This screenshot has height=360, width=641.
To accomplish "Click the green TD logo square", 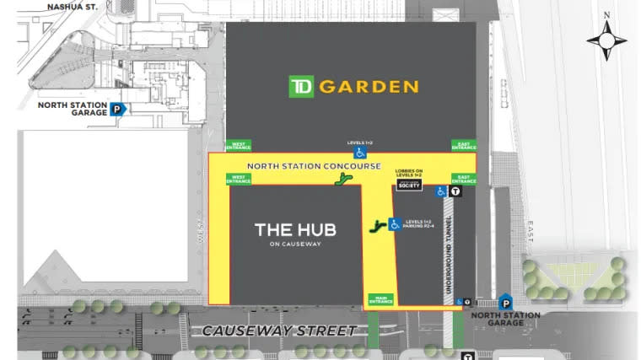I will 301,86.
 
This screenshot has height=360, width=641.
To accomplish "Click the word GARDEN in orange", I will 368,86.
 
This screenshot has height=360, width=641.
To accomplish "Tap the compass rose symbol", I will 606,40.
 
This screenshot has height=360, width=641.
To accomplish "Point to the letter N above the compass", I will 606,15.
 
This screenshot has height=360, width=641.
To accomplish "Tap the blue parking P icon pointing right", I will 119,108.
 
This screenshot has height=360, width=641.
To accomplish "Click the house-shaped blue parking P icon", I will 505,301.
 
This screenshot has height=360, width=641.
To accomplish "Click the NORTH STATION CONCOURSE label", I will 315,166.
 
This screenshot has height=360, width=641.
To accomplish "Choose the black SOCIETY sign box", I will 408,185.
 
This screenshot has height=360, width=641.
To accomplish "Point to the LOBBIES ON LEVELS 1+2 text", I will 408,173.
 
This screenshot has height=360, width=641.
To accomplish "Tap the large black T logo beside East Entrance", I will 455,191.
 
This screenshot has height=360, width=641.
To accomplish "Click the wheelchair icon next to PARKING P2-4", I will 394,224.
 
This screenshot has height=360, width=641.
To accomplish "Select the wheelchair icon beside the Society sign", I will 440,192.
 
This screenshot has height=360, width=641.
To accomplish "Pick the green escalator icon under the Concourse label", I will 342,179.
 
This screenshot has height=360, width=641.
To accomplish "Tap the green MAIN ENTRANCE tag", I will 380,299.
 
